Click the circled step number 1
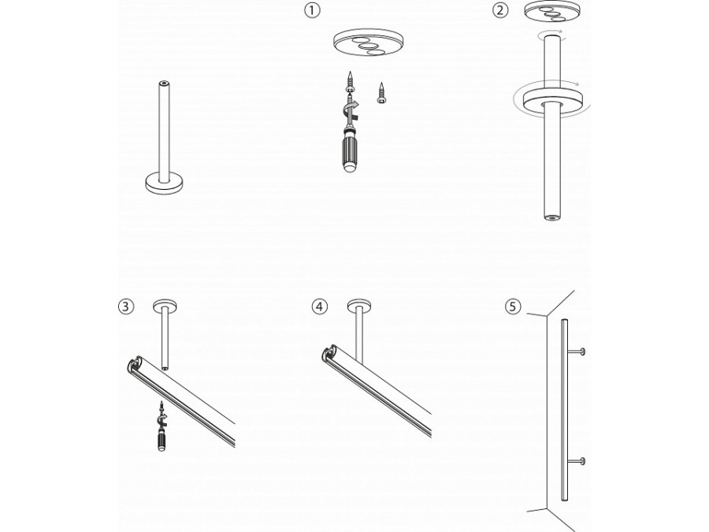coord(314,11)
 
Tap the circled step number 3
coord(125,307)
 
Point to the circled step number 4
coord(318,307)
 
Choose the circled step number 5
coord(513,307)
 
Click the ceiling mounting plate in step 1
coord(364,47)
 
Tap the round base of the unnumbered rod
coord(164,184)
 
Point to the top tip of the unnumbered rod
coord(164,82)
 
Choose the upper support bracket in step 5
coord(581,349)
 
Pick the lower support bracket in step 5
coord(581,460)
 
